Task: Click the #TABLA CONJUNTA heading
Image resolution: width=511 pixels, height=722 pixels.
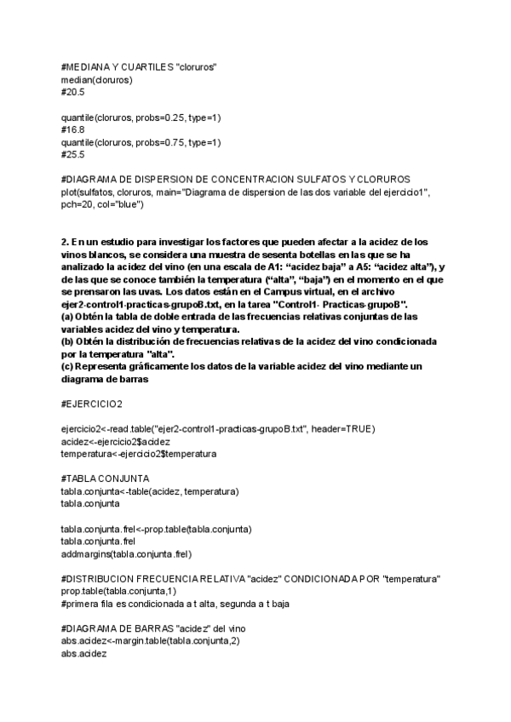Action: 105,478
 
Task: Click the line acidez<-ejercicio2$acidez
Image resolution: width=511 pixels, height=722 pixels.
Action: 116,441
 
